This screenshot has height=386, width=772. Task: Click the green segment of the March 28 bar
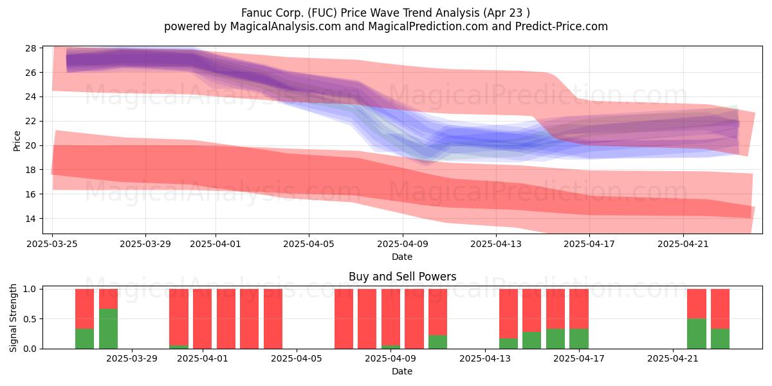click(108, 329)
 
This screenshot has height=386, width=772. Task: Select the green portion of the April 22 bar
click(697, 334)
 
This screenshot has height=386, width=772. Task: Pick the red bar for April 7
click(344, 319)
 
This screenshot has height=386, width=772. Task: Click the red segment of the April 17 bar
click(578, 309)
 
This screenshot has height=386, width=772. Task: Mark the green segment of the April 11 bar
click(437, 342)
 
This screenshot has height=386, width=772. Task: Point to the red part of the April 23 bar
click(720, 309)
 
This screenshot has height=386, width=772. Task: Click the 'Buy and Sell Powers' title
click(402, 277)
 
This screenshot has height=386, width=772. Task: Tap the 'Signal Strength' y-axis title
click(13, 318)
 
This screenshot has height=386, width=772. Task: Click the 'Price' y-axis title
click(17, 141)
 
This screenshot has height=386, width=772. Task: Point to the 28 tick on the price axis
click(31, 48)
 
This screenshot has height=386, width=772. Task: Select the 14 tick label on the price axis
click(31, 219)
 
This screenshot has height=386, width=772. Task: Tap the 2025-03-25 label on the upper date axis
click(52, 244)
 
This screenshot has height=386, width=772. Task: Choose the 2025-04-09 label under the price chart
click(403, 244)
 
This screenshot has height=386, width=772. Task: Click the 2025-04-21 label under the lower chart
click(673, 358)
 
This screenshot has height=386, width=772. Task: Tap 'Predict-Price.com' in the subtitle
click(562, 26)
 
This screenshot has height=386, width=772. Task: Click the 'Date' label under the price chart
click(402, 257)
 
